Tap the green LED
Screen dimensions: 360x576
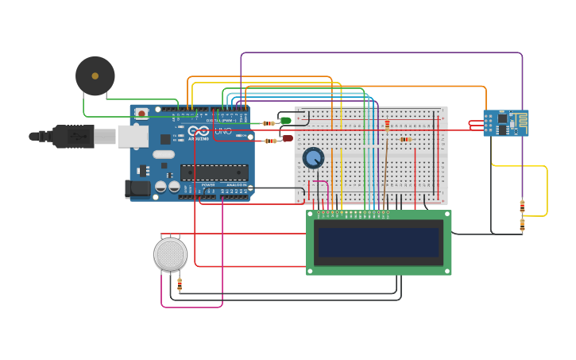pyautogui.click(x=286, y=121)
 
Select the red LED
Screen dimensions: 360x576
pyautogui.click(x=288, y=138)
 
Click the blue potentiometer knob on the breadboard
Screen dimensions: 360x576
pyautogui.click(x=313, y=157)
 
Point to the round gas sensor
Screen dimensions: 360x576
pyautogui.click(x=170, y=254)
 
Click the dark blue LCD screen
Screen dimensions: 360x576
pyautogui.click(x=378, y=242)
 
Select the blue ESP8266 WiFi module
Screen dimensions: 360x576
pyautogui.click(x=505, y=123)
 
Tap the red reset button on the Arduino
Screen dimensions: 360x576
pyautogui.click(x=141, y=114)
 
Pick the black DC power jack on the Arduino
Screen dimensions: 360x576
pyautogui.click(x=137, y=189)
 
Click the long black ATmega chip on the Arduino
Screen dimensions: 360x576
pyautogui.click(x=214, y=172)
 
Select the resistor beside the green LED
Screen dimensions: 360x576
pyautogui.click(x=268, y=123)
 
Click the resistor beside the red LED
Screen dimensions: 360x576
pyautogui.click(x=269, y=141)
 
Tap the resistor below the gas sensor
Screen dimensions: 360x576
pyautogui.click(x=180, y=284)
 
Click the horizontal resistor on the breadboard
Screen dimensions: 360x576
pyautogui.click(x=405, y=139)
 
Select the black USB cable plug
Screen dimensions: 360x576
pyautogui.click(x=73, y=136)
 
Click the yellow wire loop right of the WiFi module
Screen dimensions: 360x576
pyautogui.click(x=547, y=191)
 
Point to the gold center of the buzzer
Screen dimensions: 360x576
pyautogui.click(x=95, y=76)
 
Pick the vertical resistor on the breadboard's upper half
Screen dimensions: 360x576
pyautogui.click(x=387, y=125)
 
